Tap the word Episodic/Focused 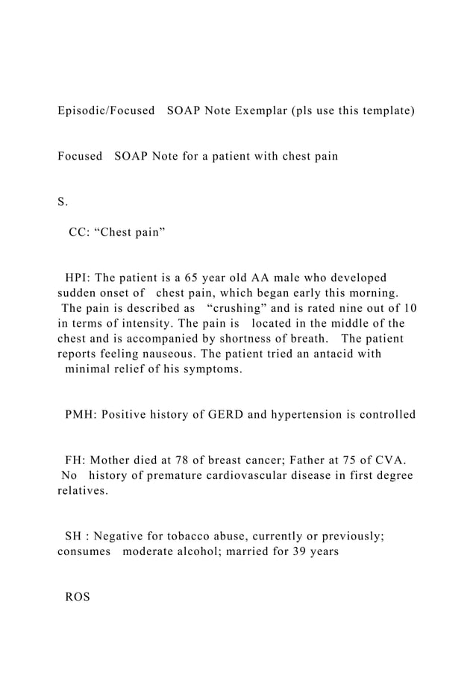(x=105, y=110)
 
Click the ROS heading (x=78, y=598)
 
